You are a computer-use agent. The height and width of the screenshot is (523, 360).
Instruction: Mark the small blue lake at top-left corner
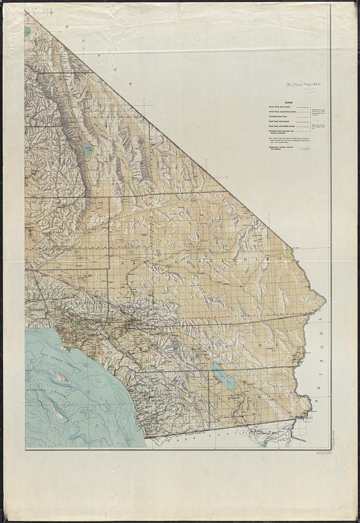click(x=27, y=31)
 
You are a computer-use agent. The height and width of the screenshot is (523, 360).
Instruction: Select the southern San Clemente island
click(x=58, y=411)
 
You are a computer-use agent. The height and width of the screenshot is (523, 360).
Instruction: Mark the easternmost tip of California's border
click(x=325, y=301)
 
